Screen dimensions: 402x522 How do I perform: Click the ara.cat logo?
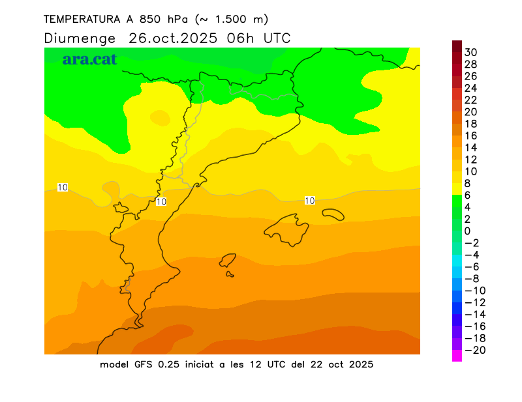coord(89,59)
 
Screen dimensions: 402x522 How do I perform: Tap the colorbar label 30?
coord(471,52)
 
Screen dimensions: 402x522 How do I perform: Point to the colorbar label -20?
coord(474,351)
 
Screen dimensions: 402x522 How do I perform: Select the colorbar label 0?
coord(467,231)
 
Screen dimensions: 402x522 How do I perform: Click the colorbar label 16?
coord(471,136)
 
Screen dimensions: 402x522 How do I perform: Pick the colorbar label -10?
coord(474,291)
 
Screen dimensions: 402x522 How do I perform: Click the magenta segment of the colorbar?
coord(457,356)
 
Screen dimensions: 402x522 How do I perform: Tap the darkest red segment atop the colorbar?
coord(457,46)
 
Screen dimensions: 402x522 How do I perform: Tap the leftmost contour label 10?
coord(63,188)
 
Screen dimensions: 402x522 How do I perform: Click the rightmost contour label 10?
coord(310,201)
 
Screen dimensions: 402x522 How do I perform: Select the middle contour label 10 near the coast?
coord(161,202)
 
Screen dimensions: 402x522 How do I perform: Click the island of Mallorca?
coord(287,229)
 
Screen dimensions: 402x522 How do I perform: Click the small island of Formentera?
coord(230,274)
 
